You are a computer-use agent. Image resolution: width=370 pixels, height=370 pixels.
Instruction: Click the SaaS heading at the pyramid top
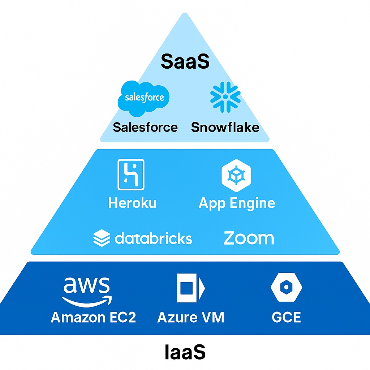point(185,62)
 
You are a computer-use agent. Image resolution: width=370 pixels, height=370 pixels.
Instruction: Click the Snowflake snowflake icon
point(225,97)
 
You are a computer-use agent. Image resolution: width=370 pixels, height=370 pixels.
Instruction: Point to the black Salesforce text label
point(145,127)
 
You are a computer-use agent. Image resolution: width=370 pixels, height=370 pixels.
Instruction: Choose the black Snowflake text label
point(225,127)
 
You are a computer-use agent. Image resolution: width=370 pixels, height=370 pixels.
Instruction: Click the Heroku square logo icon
point(131,175)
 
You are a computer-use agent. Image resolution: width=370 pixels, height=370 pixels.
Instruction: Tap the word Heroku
point(132,203)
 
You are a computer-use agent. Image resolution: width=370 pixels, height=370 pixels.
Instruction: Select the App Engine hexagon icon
point(236,175)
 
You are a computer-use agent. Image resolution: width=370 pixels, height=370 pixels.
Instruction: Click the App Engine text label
point(237,203)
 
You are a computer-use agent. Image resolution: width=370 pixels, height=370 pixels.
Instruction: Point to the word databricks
point(153,238)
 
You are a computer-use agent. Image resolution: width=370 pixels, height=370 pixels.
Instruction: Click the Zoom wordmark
point(249,238)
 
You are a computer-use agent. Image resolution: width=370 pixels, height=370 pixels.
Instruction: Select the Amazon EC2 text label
point(93,317)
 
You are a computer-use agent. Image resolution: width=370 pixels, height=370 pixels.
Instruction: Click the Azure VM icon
point(190,288)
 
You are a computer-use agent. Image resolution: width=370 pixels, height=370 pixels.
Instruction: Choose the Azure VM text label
point(191,317)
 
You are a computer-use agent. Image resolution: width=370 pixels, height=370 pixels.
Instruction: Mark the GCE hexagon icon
point(286,287)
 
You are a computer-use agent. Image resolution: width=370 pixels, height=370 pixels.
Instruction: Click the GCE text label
point(286,317)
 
